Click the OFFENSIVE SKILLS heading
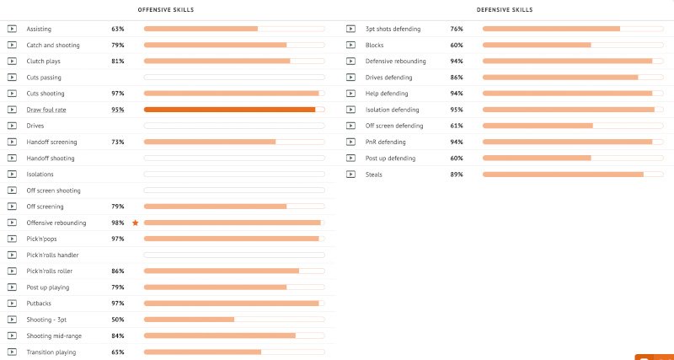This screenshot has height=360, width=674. click(x=165, y=10)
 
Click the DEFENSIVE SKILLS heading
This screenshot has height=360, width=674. click(x=505, y=10)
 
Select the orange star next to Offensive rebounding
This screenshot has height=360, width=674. click(x=136, y=223)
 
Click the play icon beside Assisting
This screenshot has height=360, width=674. click(x=12, y=29)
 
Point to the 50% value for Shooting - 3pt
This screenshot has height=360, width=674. click(x=118, y=320)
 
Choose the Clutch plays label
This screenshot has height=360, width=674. click(x=44, y=61)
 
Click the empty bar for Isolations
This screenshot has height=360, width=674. click(x=234, y=175)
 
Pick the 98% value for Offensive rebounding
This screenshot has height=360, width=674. click(x=118, y=223)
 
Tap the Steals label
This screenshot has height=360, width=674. click(x=373, y=175)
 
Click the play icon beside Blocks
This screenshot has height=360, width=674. click(x=350, y=46)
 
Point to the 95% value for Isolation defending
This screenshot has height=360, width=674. click(x=457, y=110)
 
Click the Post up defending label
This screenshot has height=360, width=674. click(x=390, y=159)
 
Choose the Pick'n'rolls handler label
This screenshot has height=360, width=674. click(x=52, y=255)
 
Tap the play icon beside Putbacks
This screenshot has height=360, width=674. click(x=12, y=304)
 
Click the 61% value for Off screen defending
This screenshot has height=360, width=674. click(x=457, y=126)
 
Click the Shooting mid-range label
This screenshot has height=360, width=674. click(x=54, y=336)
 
